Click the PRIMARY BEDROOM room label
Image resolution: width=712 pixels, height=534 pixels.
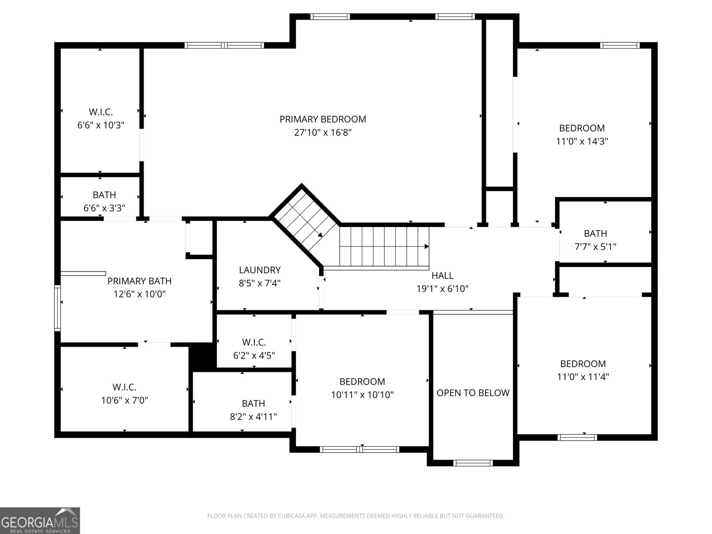point(323,119)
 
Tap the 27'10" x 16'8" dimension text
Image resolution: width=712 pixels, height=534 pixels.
point(323,133)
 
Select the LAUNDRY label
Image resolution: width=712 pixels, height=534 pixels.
point(259,270)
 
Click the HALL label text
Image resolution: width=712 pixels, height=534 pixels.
point(442,275)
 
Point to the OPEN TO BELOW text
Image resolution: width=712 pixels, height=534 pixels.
point(473,393)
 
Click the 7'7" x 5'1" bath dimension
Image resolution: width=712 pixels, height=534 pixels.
point(595,247)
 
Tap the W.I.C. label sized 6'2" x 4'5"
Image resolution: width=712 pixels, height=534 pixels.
point(254,342)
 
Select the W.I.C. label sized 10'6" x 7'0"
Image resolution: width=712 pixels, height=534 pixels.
point(124,387)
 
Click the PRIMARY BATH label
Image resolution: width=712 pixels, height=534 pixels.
point(139,281)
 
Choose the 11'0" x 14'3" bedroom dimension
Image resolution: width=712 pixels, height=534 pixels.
point(582,142)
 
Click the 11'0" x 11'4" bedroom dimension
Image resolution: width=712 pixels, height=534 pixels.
point(583,377)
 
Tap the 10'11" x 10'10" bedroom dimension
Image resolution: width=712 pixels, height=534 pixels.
point(362,395)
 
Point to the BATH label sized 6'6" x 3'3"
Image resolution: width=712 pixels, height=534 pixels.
point(104,195)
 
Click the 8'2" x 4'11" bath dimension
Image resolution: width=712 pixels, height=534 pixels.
point(253,417)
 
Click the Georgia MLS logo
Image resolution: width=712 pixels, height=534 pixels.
point(40,520)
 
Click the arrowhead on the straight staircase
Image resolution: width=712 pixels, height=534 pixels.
point(426,246)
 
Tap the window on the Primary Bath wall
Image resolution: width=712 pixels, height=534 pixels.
point(57,308)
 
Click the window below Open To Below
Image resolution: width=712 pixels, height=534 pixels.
point(473,463)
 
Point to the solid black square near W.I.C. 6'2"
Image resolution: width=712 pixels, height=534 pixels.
point(202,356)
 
